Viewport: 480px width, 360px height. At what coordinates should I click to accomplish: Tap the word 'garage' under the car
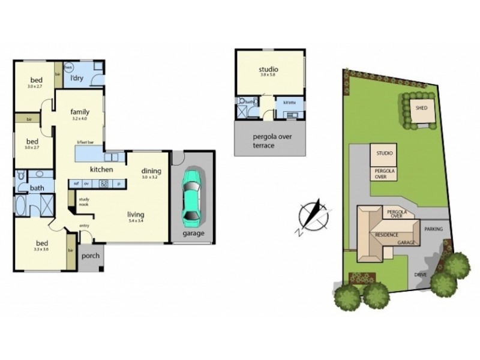pos(192,233)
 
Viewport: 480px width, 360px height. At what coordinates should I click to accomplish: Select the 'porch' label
pos(90,256)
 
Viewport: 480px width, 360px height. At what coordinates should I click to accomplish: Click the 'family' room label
pos(80,112)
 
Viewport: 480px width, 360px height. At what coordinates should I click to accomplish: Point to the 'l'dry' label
pos(76,79)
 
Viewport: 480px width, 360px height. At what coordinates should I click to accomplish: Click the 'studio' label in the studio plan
pos(268,70)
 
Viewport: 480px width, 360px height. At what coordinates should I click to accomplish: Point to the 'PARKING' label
pos(433,229)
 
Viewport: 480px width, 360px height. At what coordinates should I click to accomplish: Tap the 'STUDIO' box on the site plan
pos(384,154)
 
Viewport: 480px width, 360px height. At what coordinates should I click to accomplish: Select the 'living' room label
pos(136,213)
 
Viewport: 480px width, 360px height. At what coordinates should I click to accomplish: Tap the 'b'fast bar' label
pos(86,142)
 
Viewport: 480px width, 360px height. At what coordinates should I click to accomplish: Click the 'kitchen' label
pos(102,169)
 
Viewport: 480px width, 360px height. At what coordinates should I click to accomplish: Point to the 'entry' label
pos(85,226)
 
